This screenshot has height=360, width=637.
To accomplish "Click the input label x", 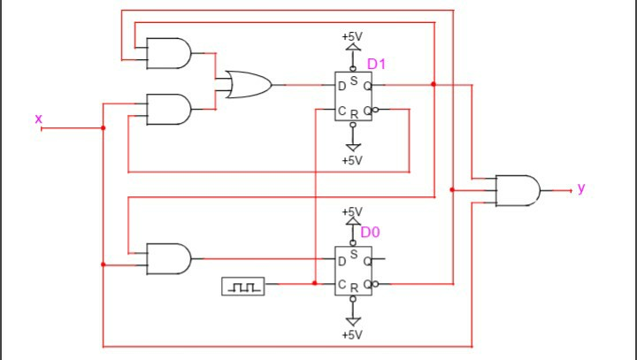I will click(38, 118).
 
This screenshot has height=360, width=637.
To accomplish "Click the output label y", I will click(581, 188).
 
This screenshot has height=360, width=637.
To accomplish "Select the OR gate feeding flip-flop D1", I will click(248, 85).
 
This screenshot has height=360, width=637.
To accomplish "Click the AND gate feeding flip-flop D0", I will click(169, 258).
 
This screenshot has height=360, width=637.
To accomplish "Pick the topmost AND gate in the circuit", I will click(169, 53).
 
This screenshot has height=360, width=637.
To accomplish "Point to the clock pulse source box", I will click(243, 286).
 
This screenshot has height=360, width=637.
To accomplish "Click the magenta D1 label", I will click(378, 64).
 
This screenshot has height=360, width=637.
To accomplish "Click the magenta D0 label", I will click(371, 232).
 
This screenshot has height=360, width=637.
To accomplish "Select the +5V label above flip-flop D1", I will click(352, 37).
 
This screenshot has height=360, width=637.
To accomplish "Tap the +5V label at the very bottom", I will click(352, 334).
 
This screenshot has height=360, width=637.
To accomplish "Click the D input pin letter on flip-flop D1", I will click(342, 86).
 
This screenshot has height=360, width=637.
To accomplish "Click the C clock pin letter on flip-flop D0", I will click(342, 284).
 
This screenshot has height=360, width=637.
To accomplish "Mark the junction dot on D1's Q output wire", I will click(434, 85).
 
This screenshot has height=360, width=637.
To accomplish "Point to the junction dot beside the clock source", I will click(315, 283).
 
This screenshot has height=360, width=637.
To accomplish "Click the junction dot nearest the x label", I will click(104, 128).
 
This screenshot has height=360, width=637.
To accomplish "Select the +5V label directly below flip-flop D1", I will click(352, 160).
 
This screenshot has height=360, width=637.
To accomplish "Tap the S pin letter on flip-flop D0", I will click(354, 254).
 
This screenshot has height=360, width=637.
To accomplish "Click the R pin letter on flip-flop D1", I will click(354, 114).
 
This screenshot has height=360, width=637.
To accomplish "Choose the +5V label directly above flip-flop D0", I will click(352, 212).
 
